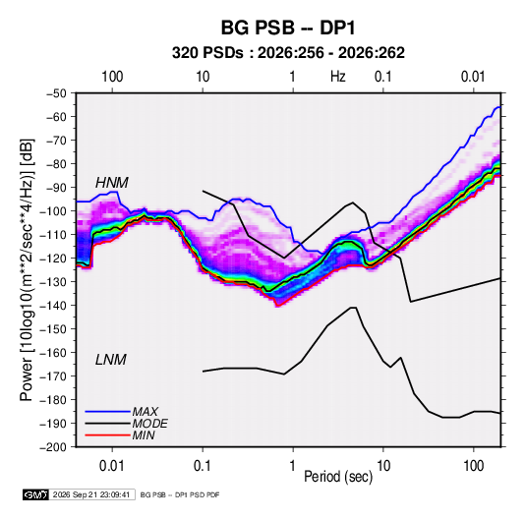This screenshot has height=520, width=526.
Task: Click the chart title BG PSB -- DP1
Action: tap(288, 28)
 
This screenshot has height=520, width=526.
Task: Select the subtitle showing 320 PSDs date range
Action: tap(288, 53)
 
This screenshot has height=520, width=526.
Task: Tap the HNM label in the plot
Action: tap(112, 183)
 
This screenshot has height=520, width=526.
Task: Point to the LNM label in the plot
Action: tap(111, 360)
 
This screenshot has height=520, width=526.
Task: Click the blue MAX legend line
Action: tap(107, 412)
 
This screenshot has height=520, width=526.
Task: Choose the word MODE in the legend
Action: tap(150, 424)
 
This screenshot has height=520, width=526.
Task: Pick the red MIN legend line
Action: tap(107, 435)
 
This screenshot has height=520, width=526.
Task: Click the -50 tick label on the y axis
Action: tap(56, 93)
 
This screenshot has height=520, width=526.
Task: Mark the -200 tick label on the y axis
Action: tap(53, 447)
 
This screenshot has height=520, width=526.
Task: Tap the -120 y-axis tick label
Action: tap(53, 259)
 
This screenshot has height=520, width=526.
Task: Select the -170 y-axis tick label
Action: tap(53, 376)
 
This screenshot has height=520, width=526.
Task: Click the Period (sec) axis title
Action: tap(338, 477)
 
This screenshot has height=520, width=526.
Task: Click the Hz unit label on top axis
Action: tap(338, 77)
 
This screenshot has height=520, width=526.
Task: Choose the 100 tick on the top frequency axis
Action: tap(112, 77)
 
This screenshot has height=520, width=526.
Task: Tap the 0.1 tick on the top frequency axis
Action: tap(383, 77)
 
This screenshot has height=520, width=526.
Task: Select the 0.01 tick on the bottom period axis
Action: tap(112, 466)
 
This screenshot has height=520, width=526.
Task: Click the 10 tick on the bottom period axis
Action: tap(383, 466)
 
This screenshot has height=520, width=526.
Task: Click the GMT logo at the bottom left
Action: tap(35, 494)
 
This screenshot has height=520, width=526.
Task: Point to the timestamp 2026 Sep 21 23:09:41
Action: tap(91, 494)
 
